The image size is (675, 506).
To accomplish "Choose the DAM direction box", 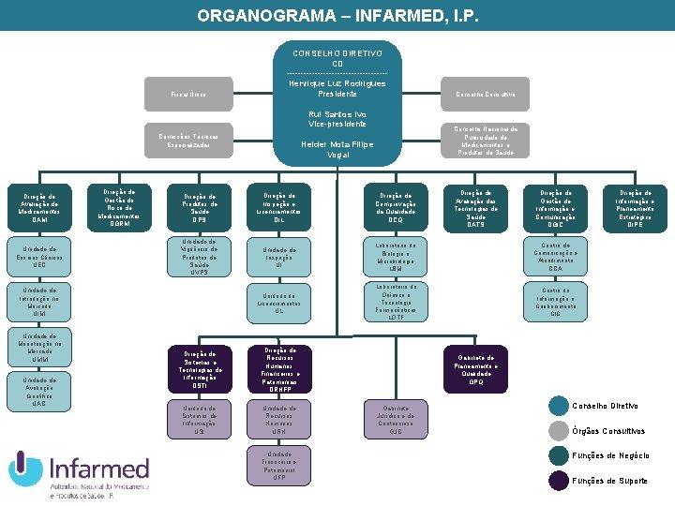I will [x=39, y=208].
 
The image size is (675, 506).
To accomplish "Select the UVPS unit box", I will [x=199, y=256].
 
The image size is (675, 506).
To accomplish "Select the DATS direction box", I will [x=475, y=208].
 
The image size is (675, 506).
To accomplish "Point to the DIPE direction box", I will [x=636, y=208].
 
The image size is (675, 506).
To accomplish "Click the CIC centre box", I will [x=555, y=301].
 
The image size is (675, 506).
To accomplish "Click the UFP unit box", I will [x=278, y=466].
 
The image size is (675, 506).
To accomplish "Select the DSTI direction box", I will [x=199, y=369].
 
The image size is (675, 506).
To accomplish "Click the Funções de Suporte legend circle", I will [x=559, y=481].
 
